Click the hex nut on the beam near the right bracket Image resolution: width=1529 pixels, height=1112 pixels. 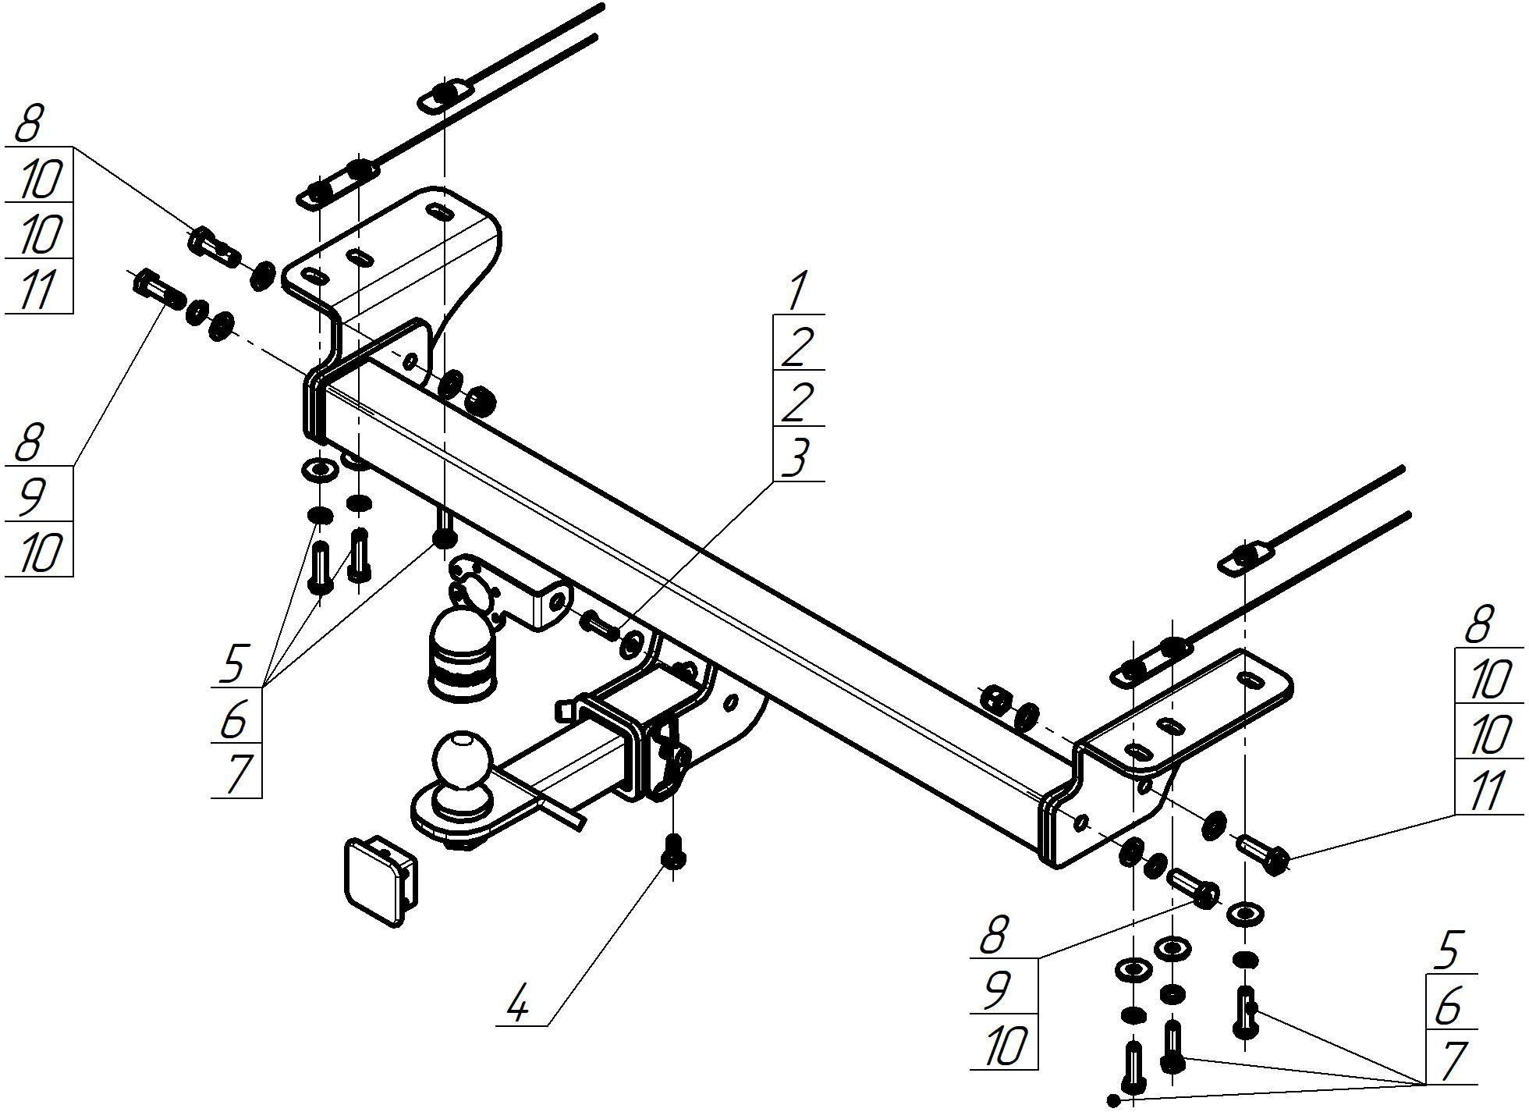[x=996, y=699]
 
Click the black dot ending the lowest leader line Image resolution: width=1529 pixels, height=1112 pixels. [x=1113, y=1100]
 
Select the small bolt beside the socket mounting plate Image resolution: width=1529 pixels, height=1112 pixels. [x=601, y=624]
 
